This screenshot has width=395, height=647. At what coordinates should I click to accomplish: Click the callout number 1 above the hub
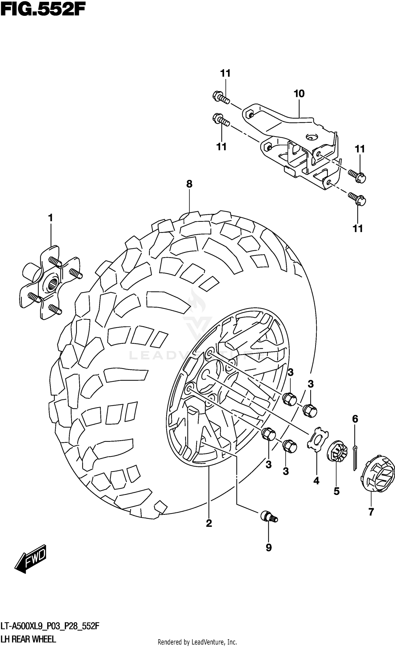tap(51, 218)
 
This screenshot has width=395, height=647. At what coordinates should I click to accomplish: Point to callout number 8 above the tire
tap(189, 184)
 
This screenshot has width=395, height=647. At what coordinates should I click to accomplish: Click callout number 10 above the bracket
tap(299, 94)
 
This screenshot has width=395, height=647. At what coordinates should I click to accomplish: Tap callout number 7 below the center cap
tap(371, 512)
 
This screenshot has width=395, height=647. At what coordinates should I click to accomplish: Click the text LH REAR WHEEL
tap(28, 639)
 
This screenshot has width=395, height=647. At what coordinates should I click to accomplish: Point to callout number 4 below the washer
tap(316, 481)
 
